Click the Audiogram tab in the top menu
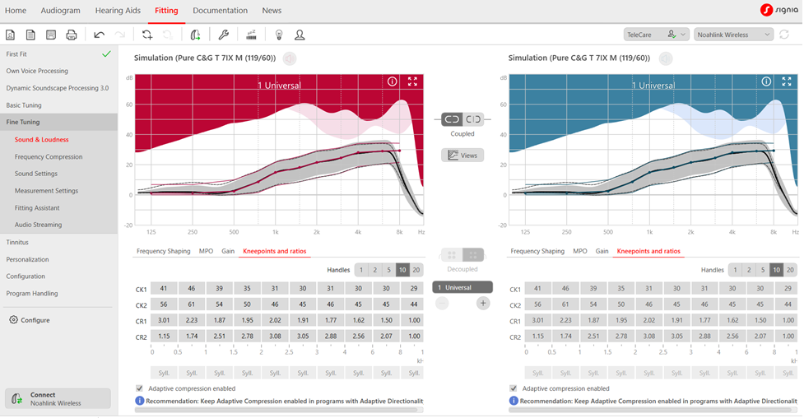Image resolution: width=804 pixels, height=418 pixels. [61, 10]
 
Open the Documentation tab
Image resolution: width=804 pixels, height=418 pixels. [220, 10]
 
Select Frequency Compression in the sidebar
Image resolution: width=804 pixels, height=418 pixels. [49, 156]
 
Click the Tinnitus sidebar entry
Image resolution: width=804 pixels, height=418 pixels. [17, 242]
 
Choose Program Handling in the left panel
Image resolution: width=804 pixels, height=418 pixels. [32, 294]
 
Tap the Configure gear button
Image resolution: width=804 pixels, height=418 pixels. [30, 320]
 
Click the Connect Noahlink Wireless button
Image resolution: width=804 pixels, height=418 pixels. [58, 398]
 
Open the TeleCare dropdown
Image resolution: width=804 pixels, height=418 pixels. [657, 35]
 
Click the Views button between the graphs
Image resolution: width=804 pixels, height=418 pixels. [462, 155]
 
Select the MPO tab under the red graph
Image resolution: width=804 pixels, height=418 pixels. [206, 251]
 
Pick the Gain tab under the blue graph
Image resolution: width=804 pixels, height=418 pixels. [602, 251]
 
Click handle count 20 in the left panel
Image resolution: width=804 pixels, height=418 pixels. [416, 270]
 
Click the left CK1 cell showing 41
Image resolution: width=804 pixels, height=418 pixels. [164, 289]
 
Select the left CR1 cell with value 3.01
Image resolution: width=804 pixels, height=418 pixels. [164, 320]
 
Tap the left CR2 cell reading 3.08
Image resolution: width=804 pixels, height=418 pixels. [275, 336]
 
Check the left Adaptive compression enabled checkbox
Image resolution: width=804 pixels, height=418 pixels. [139, 388]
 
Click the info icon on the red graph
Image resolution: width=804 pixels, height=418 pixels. [393, 81]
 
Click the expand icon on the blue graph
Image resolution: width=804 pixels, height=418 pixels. [787, 81]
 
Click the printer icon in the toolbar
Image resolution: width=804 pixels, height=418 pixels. [72, 35]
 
